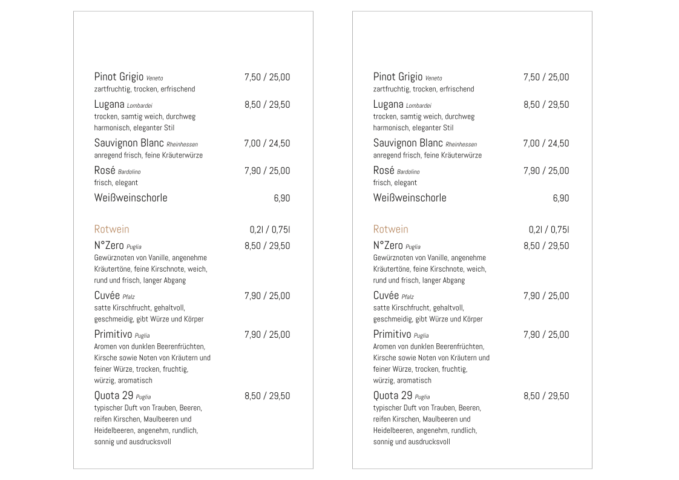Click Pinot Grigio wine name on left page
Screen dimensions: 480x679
click(119, 77)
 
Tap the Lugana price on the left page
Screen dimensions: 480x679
click(267, 105)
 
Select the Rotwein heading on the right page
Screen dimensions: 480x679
click(390, 229)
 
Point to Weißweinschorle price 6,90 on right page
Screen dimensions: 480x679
click(560, 199)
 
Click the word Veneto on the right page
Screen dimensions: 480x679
click(433, 79)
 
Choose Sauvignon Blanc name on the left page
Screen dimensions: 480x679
click(129, 143)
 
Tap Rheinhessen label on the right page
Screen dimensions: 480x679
click(461, 145)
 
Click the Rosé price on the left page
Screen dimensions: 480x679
click(267, 171)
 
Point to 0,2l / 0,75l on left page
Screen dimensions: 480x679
click(269, 229)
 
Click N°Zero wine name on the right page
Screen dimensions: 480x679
click(387, 246)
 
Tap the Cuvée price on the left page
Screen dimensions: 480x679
click(267, 296)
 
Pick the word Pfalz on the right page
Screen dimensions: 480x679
click(408, 297)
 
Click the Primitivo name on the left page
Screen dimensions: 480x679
click(113, 335)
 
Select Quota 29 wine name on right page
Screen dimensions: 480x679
click(392, 396)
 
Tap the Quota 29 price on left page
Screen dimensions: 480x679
click(267, 396)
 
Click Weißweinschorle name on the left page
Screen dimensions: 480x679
click(131, 198)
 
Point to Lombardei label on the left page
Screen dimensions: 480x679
click(139, 106)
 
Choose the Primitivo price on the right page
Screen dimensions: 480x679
click(546, 335)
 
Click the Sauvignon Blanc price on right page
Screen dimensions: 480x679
click(546, 143)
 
